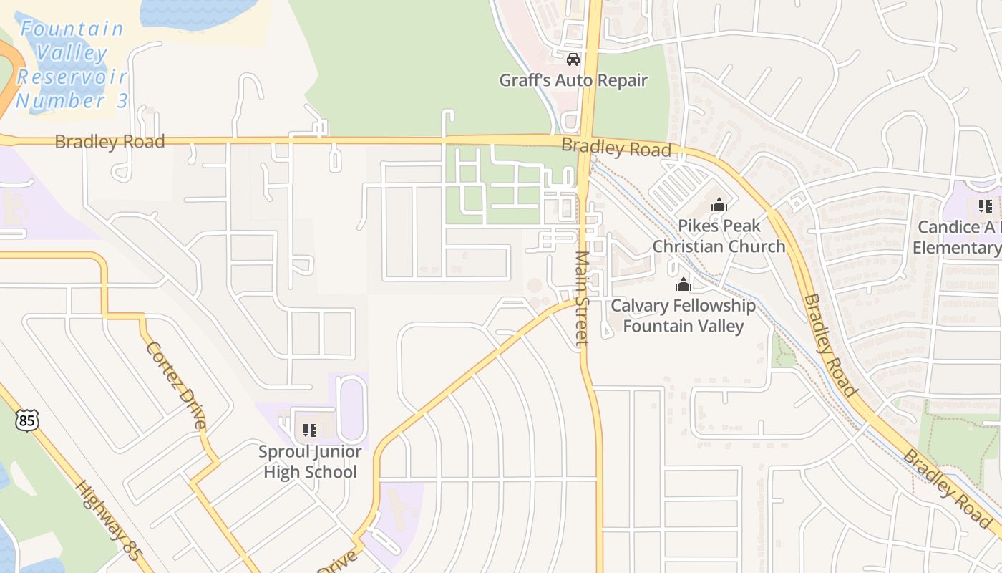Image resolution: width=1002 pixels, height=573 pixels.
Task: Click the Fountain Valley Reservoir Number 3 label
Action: click(x=72, y=64)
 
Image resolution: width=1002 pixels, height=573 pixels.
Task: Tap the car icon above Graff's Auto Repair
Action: click(x=573, y=59)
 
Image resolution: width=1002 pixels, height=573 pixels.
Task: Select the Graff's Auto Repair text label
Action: click(x=573, y=80)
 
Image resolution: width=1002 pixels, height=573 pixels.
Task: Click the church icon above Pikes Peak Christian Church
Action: click(x=719, y=206)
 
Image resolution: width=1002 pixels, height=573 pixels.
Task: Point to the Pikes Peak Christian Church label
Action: click(x=719, y=236)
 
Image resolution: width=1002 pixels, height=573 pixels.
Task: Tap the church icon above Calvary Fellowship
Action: click(x=684, y=284)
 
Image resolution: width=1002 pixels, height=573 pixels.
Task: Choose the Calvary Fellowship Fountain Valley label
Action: click(x=683, y=316)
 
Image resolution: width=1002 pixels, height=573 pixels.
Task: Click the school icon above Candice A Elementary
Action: click(x=985, y=207)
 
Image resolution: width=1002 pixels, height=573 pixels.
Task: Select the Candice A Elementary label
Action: click(x=956, y=238)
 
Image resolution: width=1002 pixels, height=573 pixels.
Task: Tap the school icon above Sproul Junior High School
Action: click(x=310, y=430)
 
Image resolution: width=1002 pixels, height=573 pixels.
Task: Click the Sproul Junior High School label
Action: click(x=311, y=462)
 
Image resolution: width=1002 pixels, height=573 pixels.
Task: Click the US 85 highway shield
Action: click(x=26, y=420)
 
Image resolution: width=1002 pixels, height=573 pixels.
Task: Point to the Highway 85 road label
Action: click(x=107, y=519)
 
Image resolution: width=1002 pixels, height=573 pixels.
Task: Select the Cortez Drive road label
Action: click(x=176, y=385)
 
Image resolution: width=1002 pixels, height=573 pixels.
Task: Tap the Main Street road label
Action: click(x=582, y=298)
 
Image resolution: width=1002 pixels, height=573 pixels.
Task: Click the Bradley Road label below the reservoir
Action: click(x=110, y=141)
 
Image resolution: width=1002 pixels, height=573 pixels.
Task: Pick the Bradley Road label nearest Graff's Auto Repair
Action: click(x=616, y=148)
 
